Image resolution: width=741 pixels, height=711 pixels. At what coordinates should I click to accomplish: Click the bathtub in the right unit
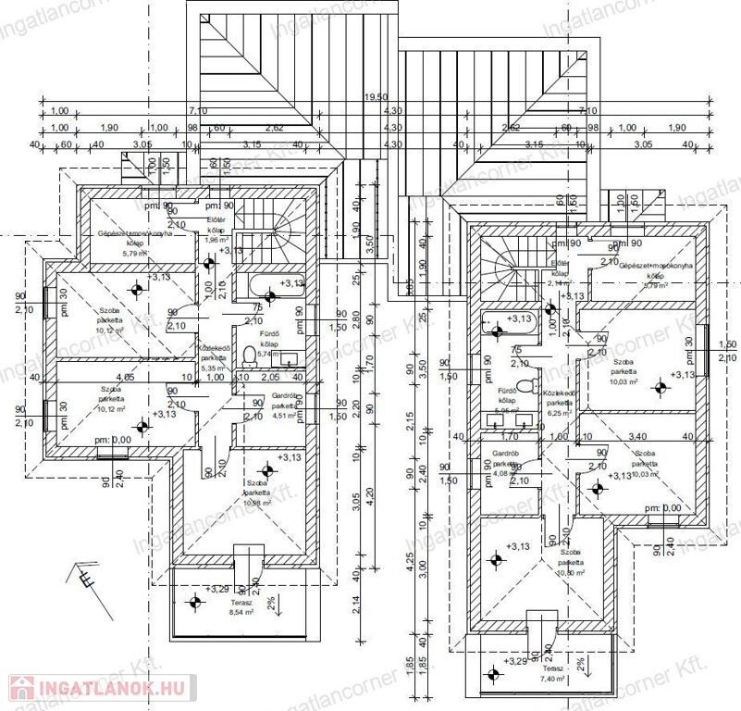(507, 326)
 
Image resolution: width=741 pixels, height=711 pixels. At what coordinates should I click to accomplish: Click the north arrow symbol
(85, 576)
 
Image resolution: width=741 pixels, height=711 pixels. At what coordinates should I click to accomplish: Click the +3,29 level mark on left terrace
(217, 589)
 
